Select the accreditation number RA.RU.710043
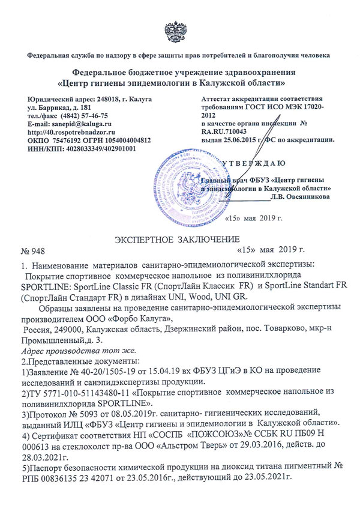point(230,130)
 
